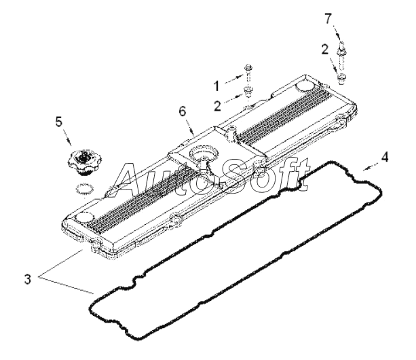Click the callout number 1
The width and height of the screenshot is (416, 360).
(x=217, y=86)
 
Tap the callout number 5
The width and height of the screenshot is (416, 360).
(x=58, y=123)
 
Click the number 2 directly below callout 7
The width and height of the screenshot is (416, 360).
(x=326, y=49)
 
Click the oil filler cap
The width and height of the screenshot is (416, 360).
(x=83, y=162)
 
